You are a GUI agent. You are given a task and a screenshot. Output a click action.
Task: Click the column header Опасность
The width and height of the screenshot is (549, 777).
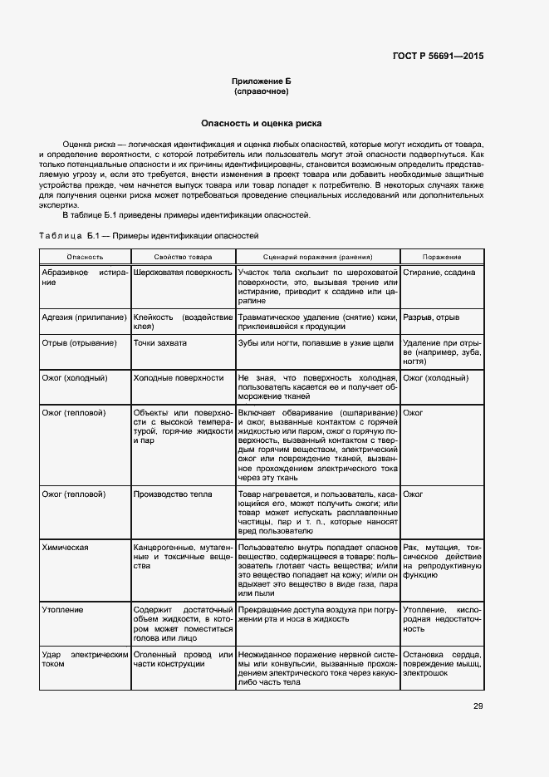86,258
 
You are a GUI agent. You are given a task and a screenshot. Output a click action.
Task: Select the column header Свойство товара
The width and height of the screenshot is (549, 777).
183,258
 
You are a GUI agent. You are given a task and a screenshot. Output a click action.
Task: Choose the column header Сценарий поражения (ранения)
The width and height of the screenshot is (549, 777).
317,258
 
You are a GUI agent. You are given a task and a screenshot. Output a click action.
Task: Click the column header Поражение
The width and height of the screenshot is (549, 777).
442,258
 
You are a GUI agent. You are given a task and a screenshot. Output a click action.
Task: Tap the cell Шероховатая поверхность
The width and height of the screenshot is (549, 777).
182,273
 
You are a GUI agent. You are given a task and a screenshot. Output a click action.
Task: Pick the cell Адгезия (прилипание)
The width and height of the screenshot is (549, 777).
84,317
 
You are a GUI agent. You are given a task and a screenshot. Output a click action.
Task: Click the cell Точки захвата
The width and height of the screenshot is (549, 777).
160,342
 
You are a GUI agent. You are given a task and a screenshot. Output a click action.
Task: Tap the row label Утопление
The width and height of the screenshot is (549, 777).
63,609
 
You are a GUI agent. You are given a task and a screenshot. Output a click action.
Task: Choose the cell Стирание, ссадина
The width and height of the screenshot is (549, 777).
439,273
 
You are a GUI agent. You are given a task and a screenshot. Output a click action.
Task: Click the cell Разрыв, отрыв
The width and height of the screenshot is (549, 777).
431,317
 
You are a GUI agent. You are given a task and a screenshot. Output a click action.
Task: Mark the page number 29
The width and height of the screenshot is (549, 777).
478,706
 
